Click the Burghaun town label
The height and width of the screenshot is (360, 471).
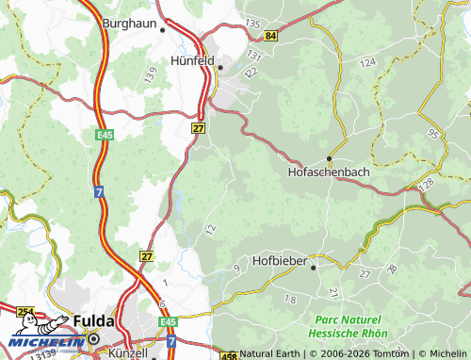click(x=130, y=22)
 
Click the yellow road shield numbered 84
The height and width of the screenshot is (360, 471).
click(x=271, y=36)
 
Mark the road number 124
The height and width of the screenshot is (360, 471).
click(x=367, y=62)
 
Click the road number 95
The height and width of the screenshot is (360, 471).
click(x=432, y=134)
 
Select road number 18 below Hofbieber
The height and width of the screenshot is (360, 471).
click(x=289, y=299)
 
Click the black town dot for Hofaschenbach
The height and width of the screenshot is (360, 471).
click(x=329, y=157)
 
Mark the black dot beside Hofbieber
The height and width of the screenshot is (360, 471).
click(x=314, y=268)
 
